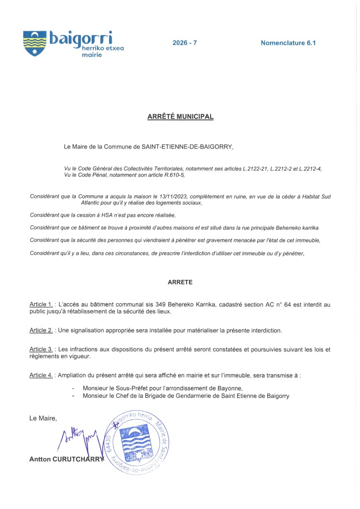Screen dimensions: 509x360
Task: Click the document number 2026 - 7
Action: [185, 43]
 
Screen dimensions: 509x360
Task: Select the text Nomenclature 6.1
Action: [288, 43]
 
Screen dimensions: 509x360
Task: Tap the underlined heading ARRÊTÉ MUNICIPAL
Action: [180, 116]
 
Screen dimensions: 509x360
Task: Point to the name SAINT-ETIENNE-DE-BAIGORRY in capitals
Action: [187, 147]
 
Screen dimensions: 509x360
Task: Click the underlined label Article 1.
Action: [41, 304]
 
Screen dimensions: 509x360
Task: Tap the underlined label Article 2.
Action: [41, 330]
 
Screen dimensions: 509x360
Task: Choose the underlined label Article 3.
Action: [41, 349]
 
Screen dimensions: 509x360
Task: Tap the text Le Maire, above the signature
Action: [43, 418]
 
